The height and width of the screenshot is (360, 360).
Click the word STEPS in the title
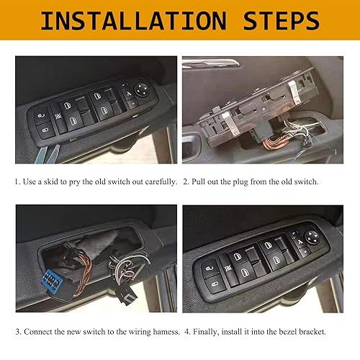pos(278,21)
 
